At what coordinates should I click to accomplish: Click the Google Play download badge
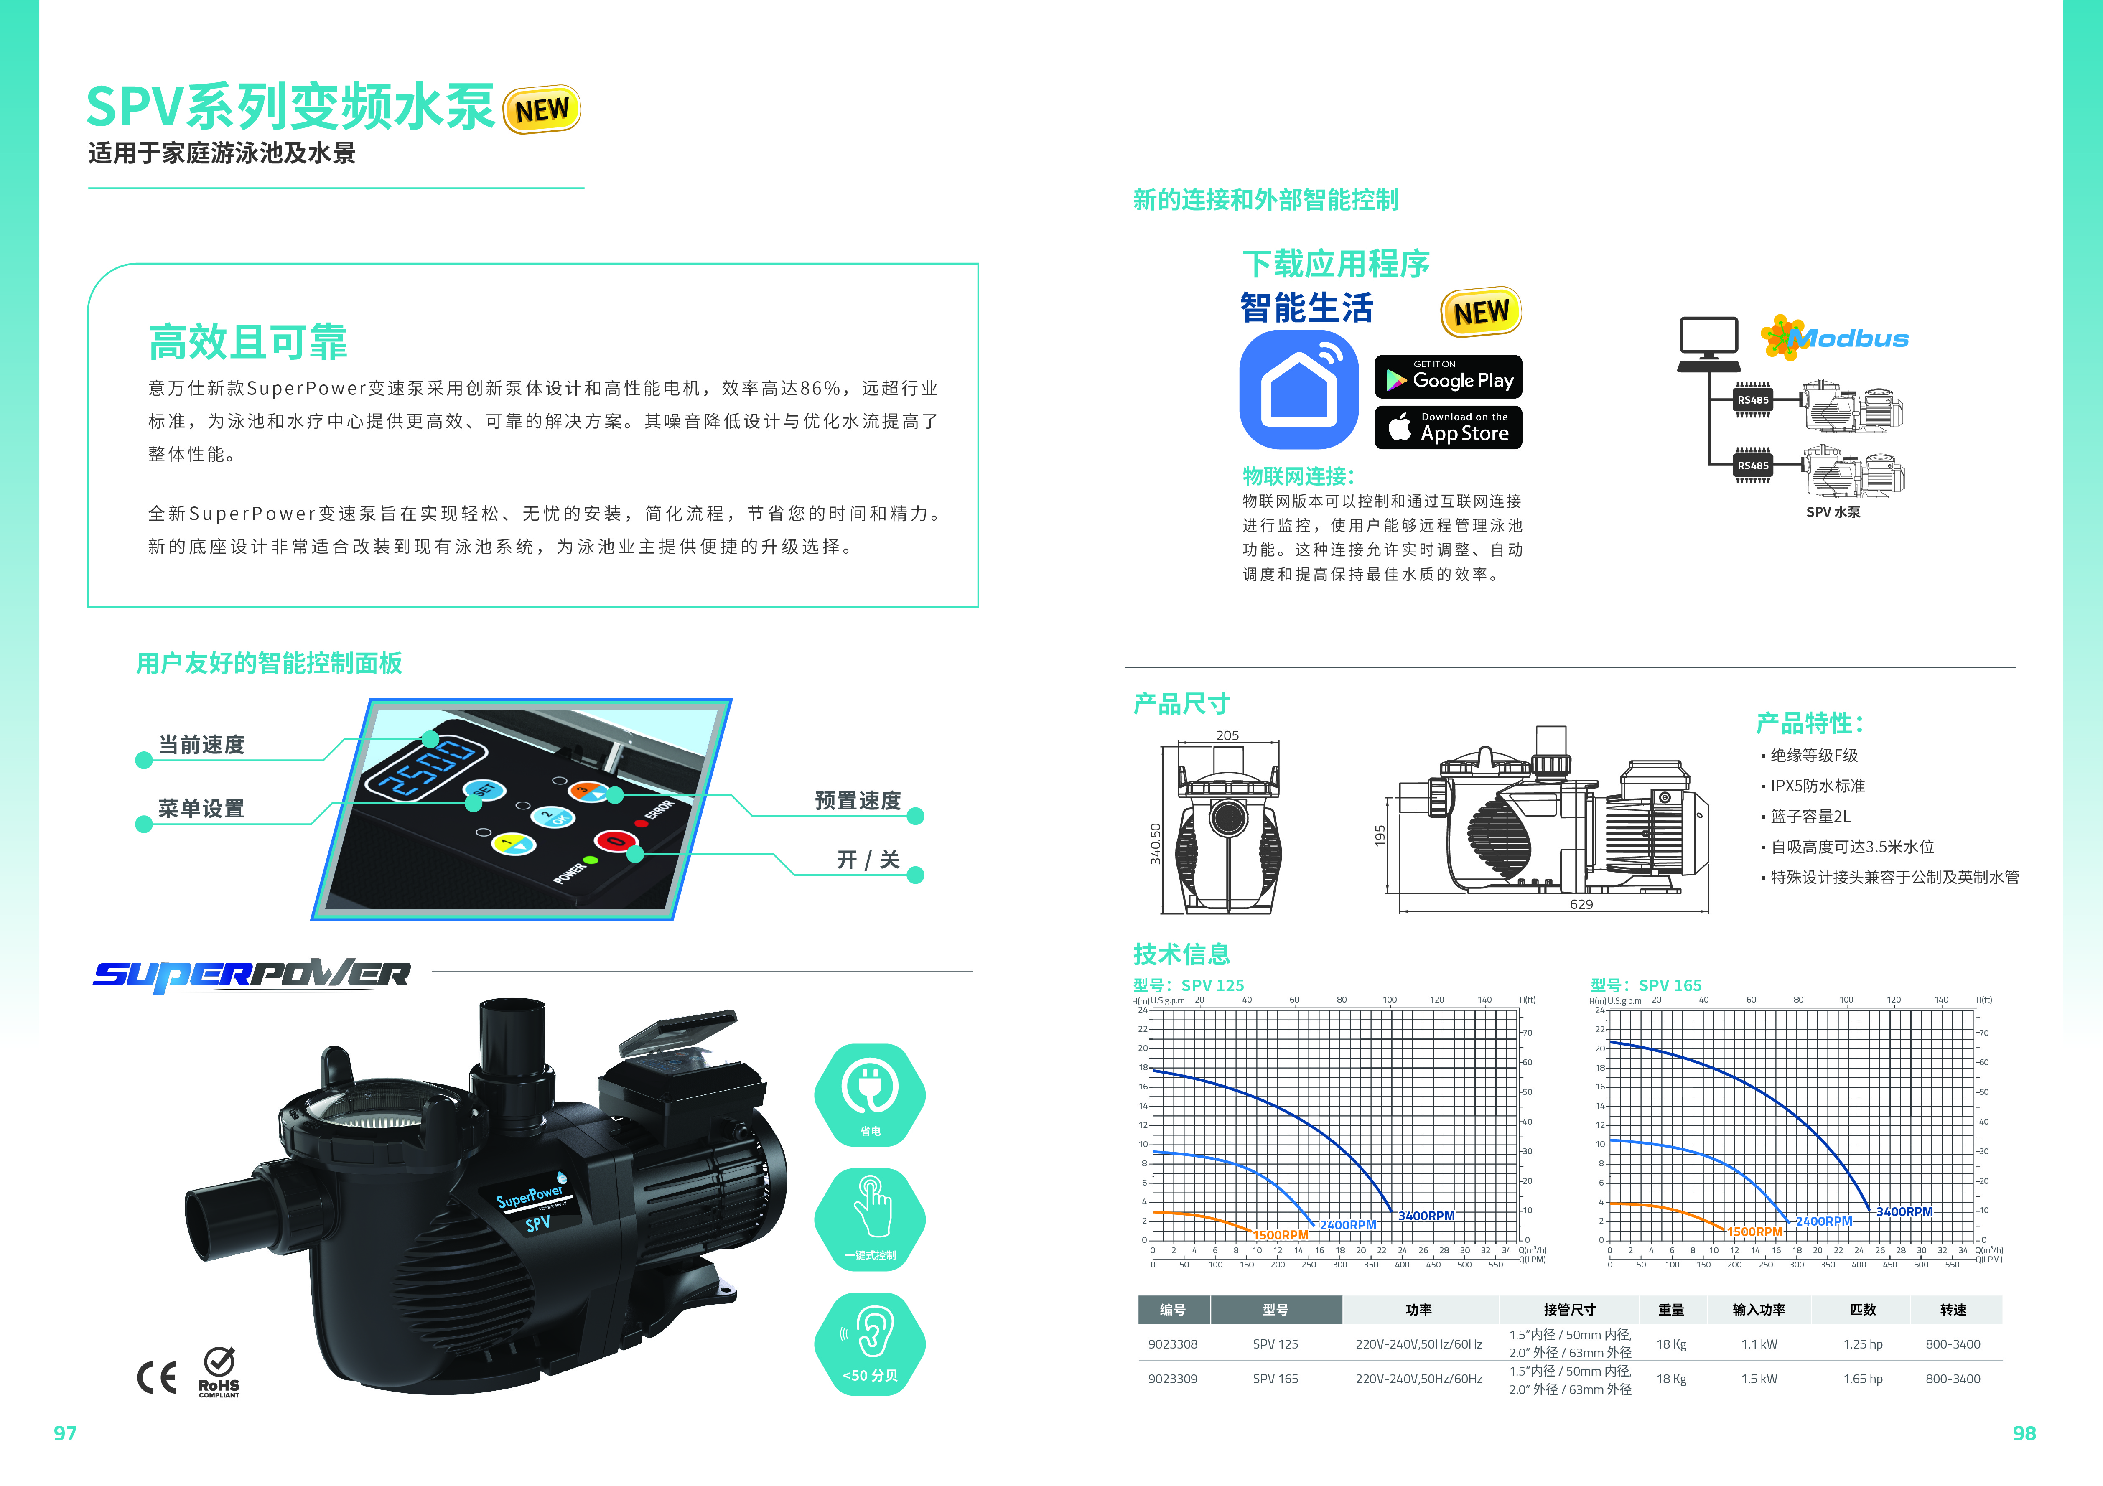tap(1448, 377)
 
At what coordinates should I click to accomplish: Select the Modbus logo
tap(1835, 338)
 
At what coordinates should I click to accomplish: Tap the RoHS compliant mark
tap(219, 1372)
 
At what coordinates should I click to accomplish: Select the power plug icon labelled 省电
tap(870, 1086)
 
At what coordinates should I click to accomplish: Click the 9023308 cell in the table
tap(1172, 1344)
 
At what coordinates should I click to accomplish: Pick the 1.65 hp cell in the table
tap(1863, 1379)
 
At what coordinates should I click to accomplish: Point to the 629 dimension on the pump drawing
tap(1581, 904)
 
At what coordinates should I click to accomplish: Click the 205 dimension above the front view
tap(1227, 735)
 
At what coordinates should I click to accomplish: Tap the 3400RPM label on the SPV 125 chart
tap(1426, 1216)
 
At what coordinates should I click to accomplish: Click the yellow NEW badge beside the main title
tap(542, 110)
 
